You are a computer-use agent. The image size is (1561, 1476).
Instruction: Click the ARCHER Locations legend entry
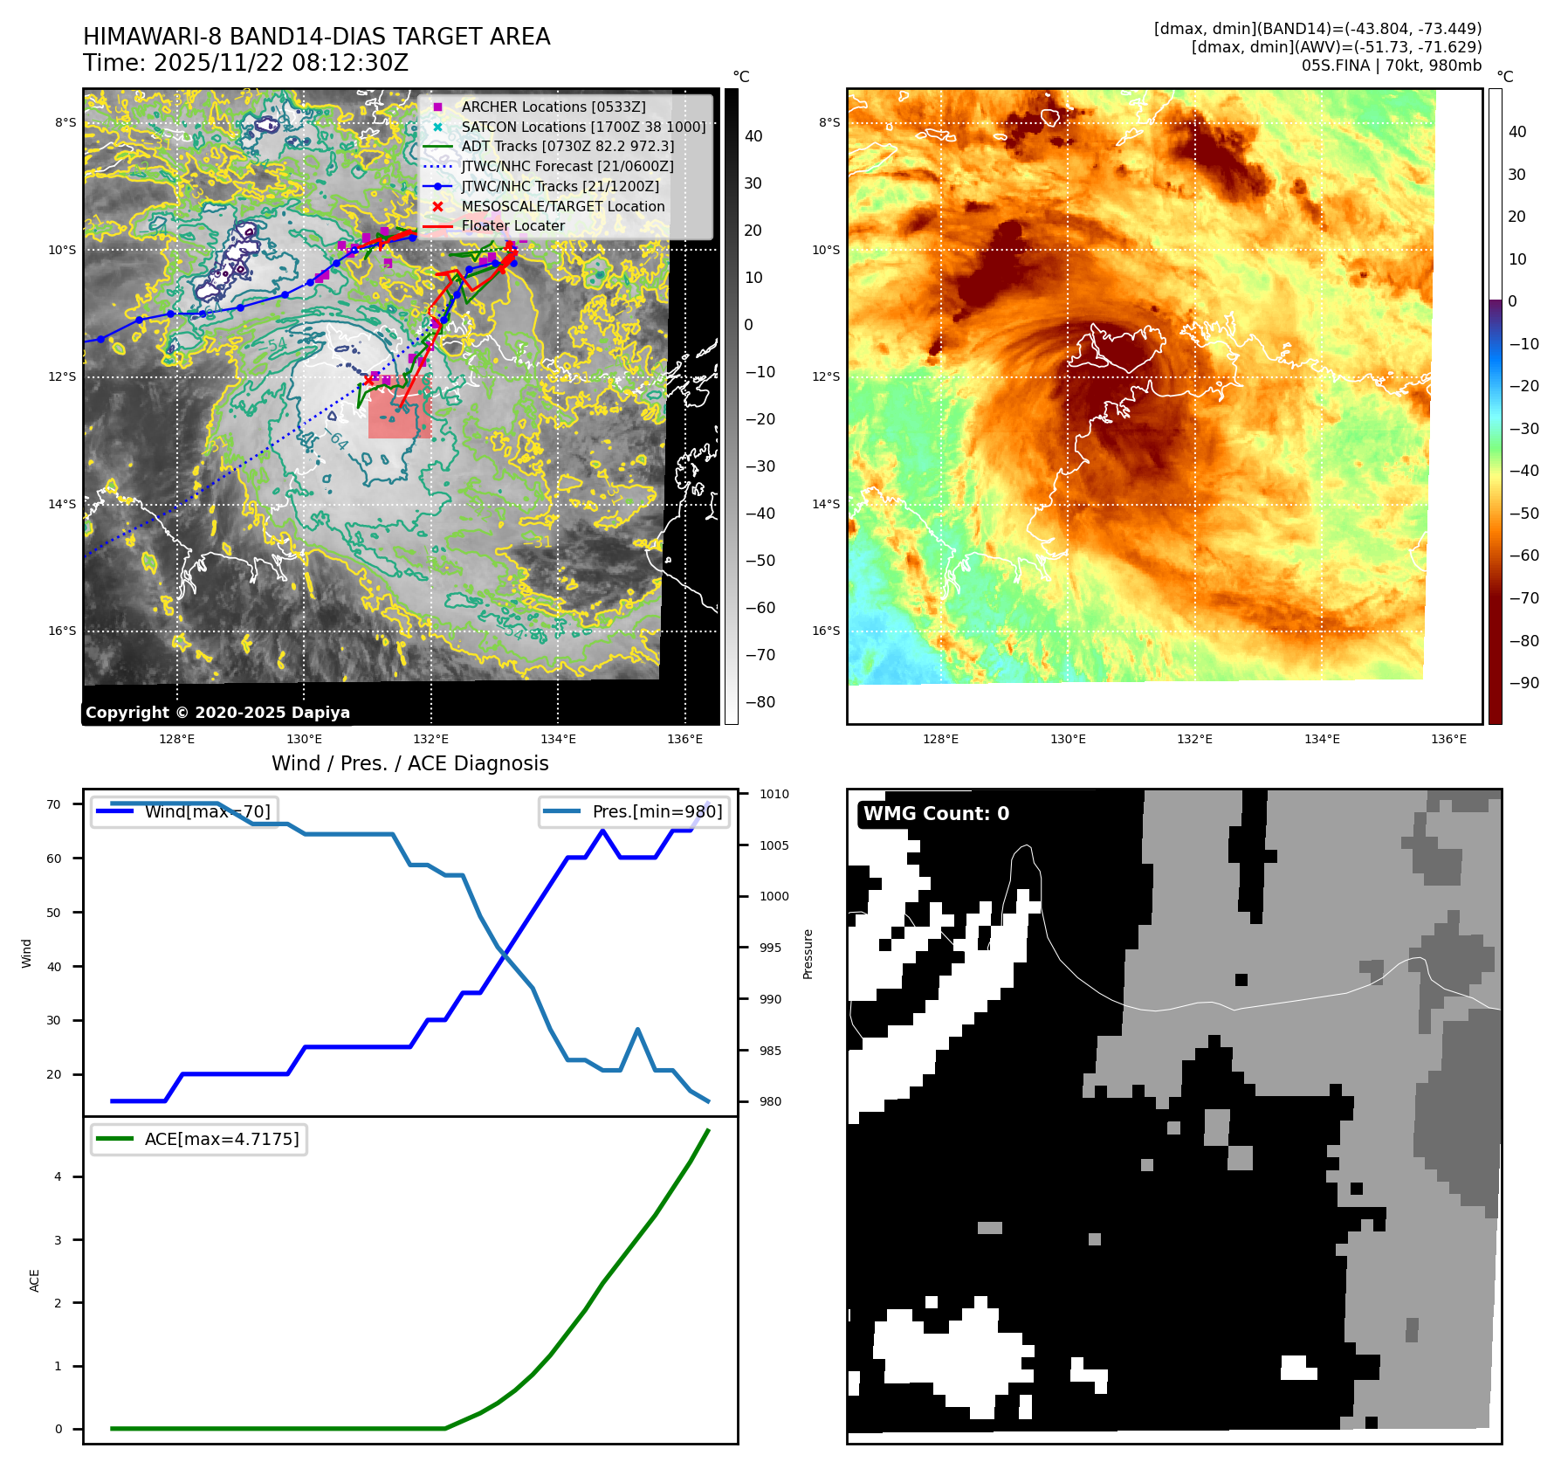tap(554, 107)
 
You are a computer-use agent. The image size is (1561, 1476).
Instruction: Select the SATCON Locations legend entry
tap(583, 127)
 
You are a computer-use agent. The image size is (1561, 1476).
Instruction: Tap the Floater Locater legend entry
tap(512, 225)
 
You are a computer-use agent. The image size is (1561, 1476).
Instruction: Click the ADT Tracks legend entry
tap(567, 146)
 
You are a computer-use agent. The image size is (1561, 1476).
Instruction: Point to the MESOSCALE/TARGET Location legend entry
tap(563, 206)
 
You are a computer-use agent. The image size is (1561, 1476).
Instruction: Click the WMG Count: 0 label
tap(936, 813)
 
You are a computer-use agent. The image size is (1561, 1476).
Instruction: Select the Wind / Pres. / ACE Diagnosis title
tap(410, 763)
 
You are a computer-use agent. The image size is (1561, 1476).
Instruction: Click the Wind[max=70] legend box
tap(185, 811)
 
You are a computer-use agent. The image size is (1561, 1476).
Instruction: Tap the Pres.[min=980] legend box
tap(634, 811)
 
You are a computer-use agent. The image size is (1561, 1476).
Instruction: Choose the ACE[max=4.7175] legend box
tap(199, 1139)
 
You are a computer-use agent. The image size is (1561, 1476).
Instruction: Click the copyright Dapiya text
tap(217, 713)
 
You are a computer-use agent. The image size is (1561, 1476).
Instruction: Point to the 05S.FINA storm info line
tap(1391, 66)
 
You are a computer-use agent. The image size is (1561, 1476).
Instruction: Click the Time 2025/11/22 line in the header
tap(245, 63)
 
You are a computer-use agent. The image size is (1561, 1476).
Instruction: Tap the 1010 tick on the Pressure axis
tap(774, 794)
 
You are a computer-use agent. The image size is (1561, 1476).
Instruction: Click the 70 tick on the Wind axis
tap(54, 804)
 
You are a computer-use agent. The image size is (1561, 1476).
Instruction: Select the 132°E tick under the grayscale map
tap(430, 739)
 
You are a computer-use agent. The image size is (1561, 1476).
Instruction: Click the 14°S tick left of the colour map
tap(825, 504)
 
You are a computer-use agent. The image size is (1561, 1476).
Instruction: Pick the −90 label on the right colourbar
tap(1523, 683)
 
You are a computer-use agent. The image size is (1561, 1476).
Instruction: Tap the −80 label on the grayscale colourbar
tap(760, 702)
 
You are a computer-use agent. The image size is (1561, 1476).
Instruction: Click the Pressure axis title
tap(808, 954)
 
